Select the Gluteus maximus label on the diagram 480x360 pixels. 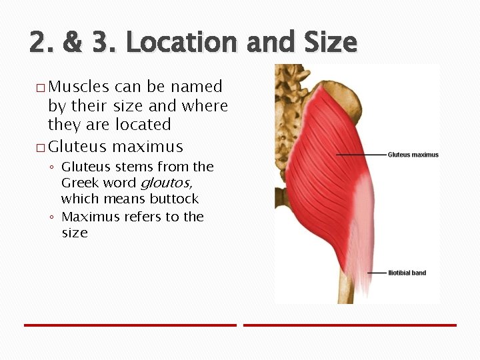413,155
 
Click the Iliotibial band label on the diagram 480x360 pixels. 407,273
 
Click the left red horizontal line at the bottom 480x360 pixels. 130,325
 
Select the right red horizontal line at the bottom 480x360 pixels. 349,325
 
